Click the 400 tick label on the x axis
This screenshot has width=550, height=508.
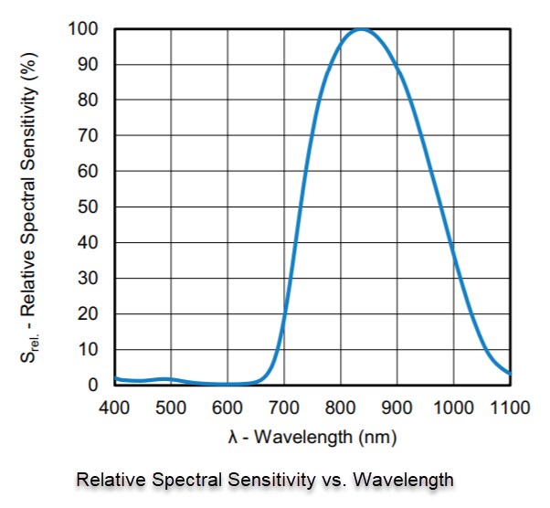click(114, 406)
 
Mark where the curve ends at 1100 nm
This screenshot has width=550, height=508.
click(510, 373)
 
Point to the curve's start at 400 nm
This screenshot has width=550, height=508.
click(115, 377)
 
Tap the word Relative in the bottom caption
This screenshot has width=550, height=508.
click(106, 479)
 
